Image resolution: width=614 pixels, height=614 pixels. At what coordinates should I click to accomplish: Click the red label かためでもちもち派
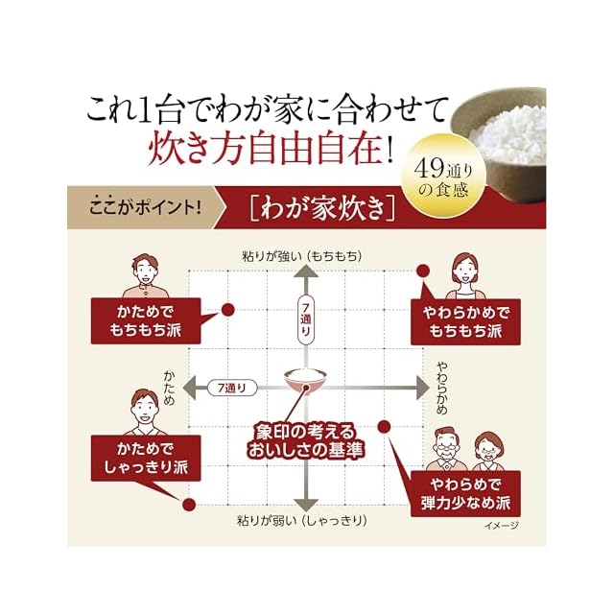click(x=146, y=321)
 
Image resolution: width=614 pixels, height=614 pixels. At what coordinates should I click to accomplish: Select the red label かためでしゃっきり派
click(x=146, y=459)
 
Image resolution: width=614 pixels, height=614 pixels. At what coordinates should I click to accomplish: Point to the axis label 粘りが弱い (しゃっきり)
click(x=304, y=521)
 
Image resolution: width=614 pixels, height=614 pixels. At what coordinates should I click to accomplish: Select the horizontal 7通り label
click(x=233, y=388)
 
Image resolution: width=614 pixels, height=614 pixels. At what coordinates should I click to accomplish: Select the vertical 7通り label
click(x=304, y=318)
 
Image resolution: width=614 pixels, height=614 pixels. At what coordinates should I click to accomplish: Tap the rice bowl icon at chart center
click(x=305, y=384)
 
